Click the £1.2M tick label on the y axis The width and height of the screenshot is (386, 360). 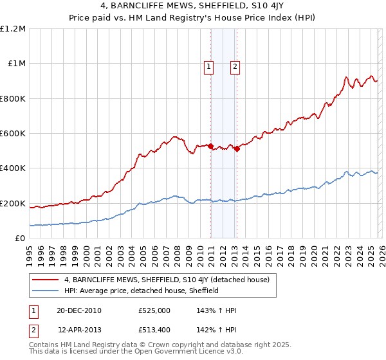point(13,29)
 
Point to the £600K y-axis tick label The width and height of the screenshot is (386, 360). point(13,134)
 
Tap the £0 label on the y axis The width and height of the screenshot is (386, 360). point(21,239)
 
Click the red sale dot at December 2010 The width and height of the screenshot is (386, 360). point(210,147)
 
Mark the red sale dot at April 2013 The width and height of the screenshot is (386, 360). point(237,148)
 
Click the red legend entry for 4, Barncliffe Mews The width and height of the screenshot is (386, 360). point(170,280)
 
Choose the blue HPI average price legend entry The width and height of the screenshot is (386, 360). point(142,291)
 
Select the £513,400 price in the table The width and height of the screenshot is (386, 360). point(154,329)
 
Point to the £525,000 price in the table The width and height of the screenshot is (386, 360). point(154,310)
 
